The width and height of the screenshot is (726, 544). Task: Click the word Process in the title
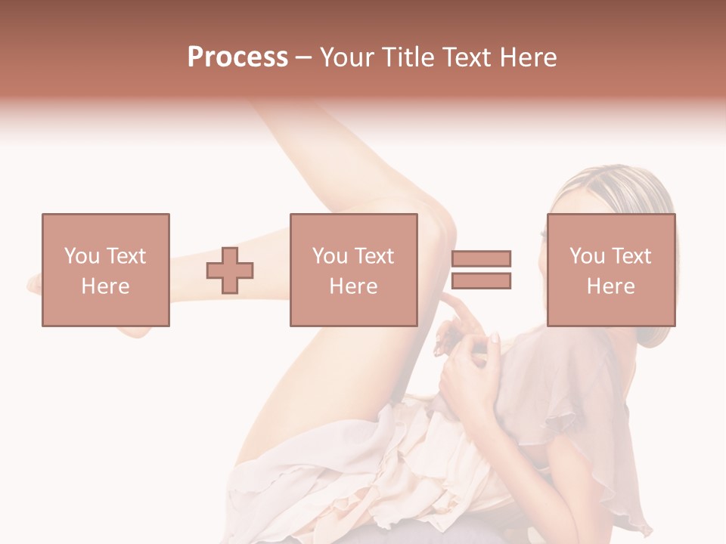click(237, 57)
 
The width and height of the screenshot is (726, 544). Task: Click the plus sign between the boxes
click(230, 270)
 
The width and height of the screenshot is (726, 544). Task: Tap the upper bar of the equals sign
click(481, 259)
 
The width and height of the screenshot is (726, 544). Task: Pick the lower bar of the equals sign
click(481, 281)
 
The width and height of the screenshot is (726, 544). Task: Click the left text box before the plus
click(105, 270)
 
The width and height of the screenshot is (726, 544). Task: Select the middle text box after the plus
click(353, 270)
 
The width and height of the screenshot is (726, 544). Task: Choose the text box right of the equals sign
click(610, 270)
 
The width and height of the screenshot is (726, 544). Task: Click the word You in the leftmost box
click(81, 256)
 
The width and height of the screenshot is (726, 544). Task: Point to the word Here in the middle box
click(353, 286)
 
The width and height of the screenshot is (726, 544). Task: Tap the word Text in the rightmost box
click(631, 256)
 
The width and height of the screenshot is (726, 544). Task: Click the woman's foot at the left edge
click(38, 283)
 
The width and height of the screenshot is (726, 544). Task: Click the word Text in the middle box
click(374, 256)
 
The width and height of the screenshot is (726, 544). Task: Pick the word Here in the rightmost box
click(610, 286)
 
